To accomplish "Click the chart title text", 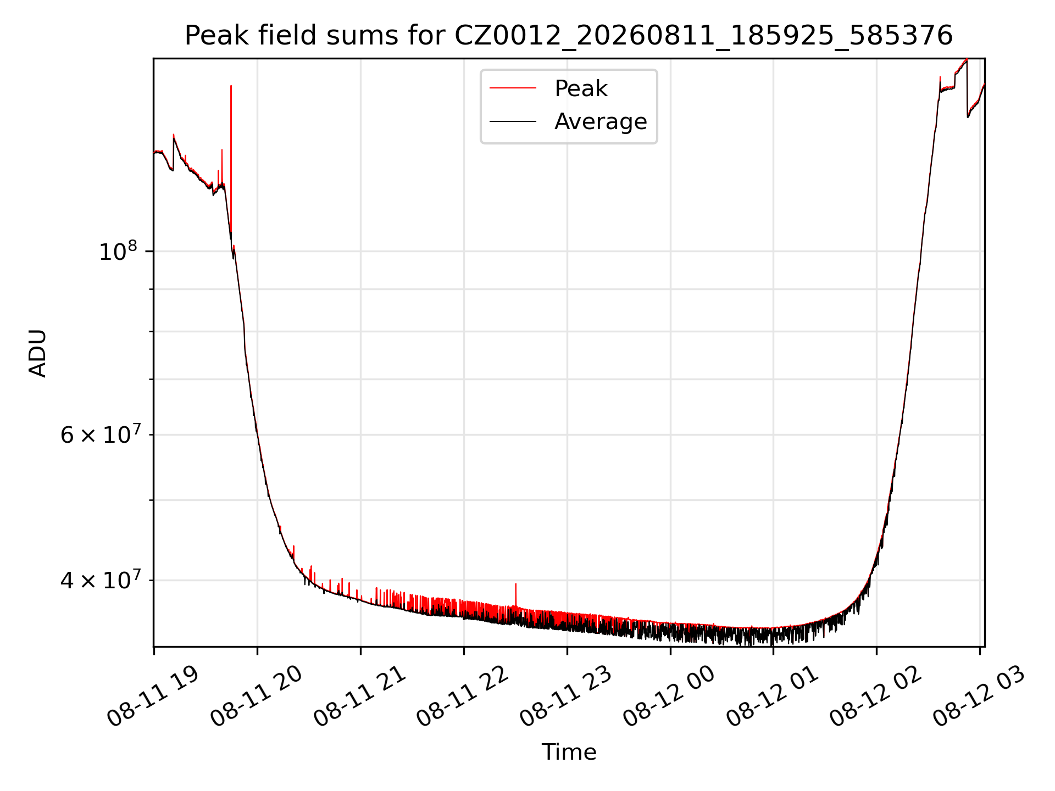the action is pos(569,36).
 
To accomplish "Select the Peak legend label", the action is pos(581,88).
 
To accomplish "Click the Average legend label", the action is pos(601,121).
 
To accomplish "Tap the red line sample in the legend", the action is pos(513,88).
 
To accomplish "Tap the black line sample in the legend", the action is pos(513,121).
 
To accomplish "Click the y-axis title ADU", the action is pos(38,353).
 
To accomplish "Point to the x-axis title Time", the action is pos(569,752).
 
